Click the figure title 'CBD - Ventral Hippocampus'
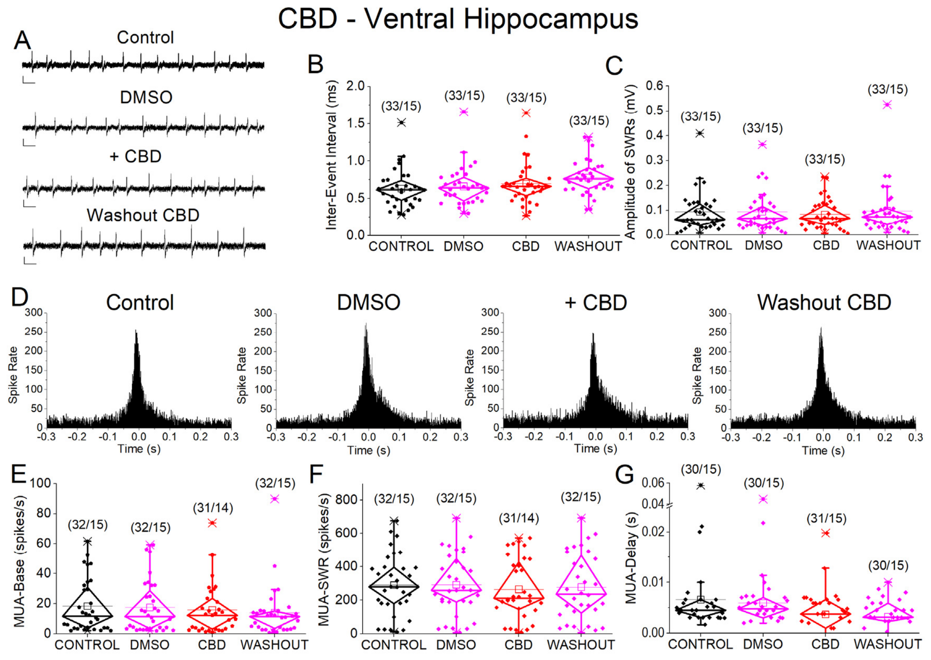click(x=458, y=19)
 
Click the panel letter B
click(x=316, y=64)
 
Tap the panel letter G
click(x=624, y=474)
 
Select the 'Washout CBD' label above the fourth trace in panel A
click(x=143, y=215)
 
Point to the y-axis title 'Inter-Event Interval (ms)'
click(x=331, y=155)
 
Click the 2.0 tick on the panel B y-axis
click(x=355, y=86)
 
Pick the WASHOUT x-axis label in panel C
click(x=888, y=245)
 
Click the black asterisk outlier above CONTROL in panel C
click(x=700, y=133)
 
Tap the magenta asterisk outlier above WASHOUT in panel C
click(x=887, y=105)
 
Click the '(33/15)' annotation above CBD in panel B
click(x=526, y=98)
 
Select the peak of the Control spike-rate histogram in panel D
click(x=136, y=331)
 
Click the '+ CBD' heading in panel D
click(x=596, y=302)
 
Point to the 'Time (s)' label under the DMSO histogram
click(x=369, y=450)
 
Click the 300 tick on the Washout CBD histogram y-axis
click(x=718, y=313)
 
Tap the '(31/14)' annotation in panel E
click(x=213, y=508)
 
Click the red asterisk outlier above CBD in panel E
click(x=212, y=523)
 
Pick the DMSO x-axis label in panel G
click(x=763, y=644)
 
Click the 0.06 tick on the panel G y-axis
click(x=653, y=483)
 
